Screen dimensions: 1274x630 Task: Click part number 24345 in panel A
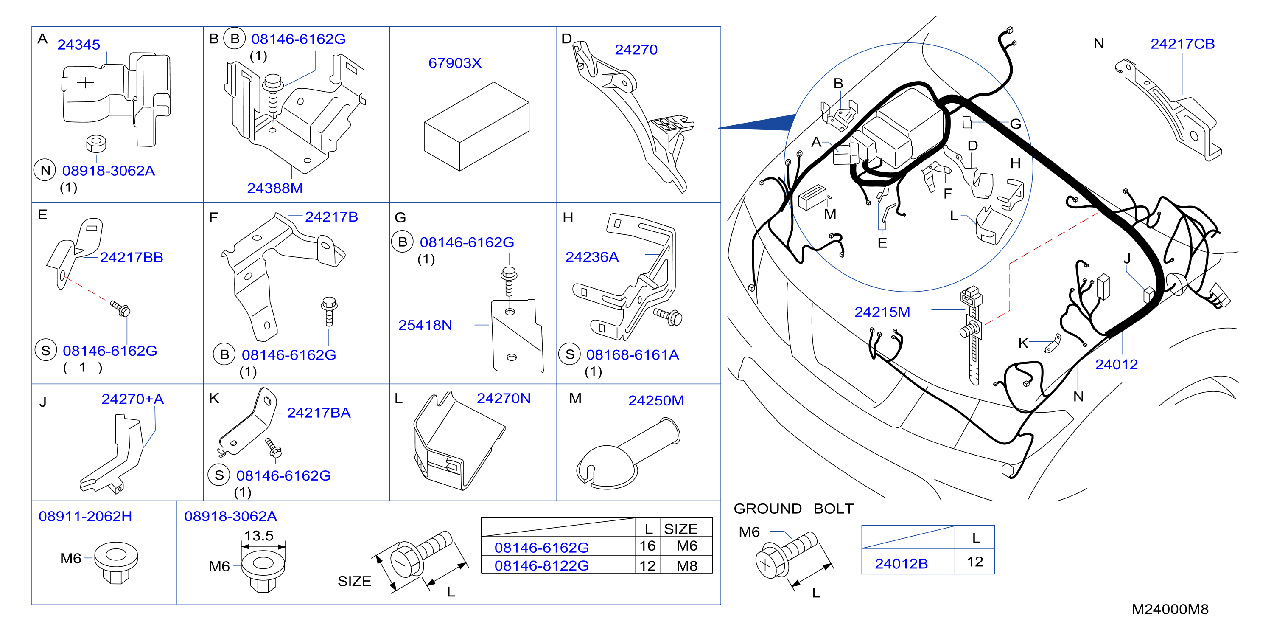(x=78, y=45)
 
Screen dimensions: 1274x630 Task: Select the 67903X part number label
(x=454, y=63)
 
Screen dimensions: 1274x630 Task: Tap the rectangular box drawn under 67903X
(x=476, y=127)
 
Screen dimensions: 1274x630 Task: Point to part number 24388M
(x=275, y=188)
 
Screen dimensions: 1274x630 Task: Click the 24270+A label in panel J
(x=132, y=399)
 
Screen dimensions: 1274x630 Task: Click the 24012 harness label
(x=1116, y=365)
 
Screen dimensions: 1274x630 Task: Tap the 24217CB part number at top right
(x=1182, y=44)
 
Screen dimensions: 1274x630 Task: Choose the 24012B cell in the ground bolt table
(x=901, y=564)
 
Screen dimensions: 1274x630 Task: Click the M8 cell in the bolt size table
(x=687, y=565)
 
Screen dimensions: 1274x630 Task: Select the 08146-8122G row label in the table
(x=542, y=565)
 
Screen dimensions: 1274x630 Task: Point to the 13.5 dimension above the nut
(x=259, y=536)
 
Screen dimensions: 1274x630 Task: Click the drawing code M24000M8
(x=1170, y=610)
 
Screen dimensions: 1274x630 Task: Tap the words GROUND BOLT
(x=793, y=509)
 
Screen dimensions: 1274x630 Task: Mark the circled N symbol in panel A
(x=45, y=171)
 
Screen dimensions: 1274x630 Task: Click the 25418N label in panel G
(x=426, y=326)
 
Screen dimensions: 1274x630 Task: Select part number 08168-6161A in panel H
(x=633, y=355)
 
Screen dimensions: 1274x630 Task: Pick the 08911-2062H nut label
(x=86, y=517)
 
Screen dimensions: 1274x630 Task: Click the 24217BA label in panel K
(x=319, y=413)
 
